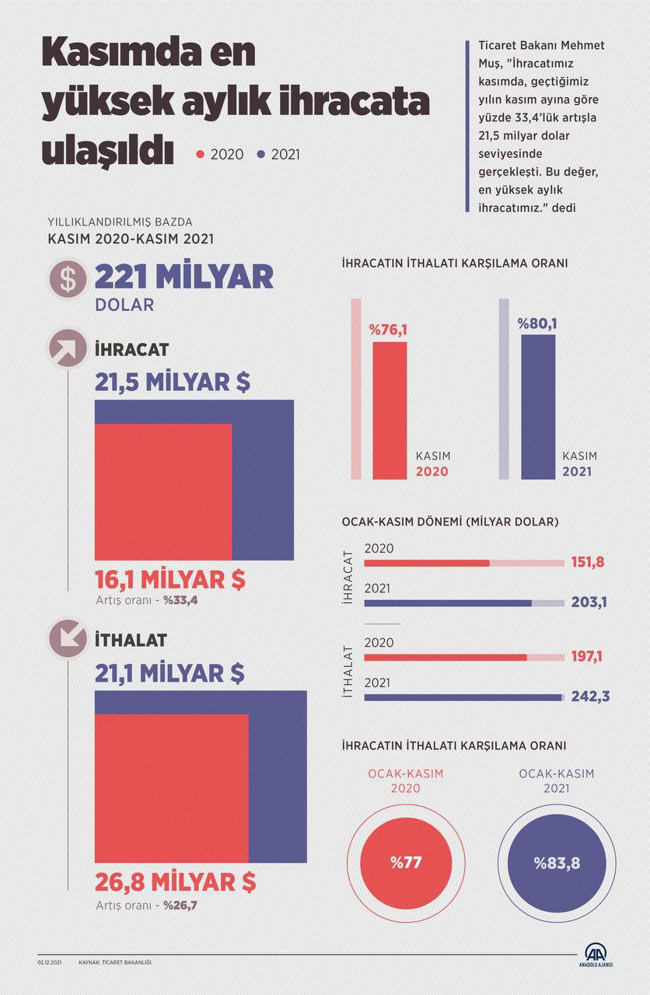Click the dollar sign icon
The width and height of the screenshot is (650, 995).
68,279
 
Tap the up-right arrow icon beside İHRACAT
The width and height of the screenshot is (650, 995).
68,350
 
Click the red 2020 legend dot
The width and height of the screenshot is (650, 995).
201,155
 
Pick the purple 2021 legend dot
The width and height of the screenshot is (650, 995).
262,155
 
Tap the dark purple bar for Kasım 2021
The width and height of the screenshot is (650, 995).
538,407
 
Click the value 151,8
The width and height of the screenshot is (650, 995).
588,562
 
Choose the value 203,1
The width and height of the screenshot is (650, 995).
588,602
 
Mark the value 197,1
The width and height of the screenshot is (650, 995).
587,657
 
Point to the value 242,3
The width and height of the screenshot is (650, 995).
589,696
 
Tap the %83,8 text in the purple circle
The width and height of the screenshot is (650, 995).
557,863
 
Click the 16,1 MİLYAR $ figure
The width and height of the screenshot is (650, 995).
170,579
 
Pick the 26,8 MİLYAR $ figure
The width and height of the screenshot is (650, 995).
175,882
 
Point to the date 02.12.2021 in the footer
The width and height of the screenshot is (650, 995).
49,962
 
